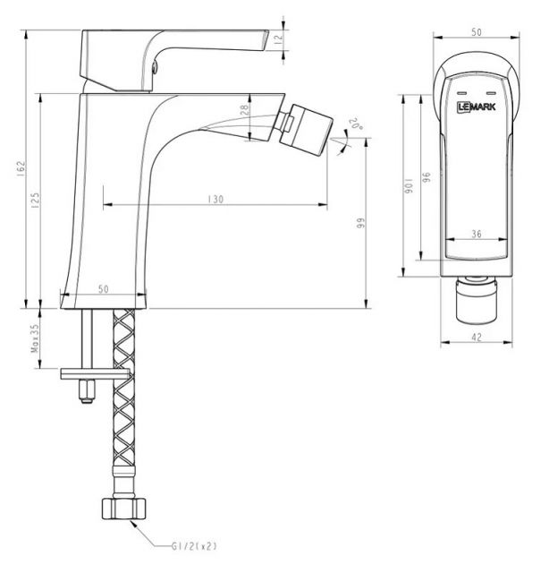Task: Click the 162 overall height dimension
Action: click(x=21, y=168)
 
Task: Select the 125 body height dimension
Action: click(x=36, y=201)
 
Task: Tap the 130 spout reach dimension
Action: click(x=215, y=200)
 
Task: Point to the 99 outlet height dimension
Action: click(x=360, y=223)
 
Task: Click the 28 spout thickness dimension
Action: click(x=244, y=109)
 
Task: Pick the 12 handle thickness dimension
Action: click(x=278, y=39)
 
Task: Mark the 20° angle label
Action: click(x=356, y=124)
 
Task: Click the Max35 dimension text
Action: click(x=35, y=338)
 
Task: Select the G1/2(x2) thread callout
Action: click(x=194, y=546)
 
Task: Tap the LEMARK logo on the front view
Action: click(x=477, y=107)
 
